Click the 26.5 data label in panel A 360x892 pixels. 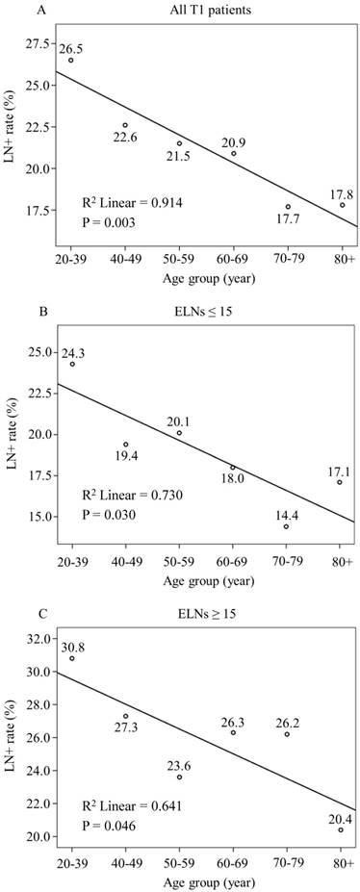(71, 48)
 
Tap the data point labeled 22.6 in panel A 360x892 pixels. (125, 125)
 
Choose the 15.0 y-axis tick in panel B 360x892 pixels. (39, 517)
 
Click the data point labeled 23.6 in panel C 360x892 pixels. (179, 750)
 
